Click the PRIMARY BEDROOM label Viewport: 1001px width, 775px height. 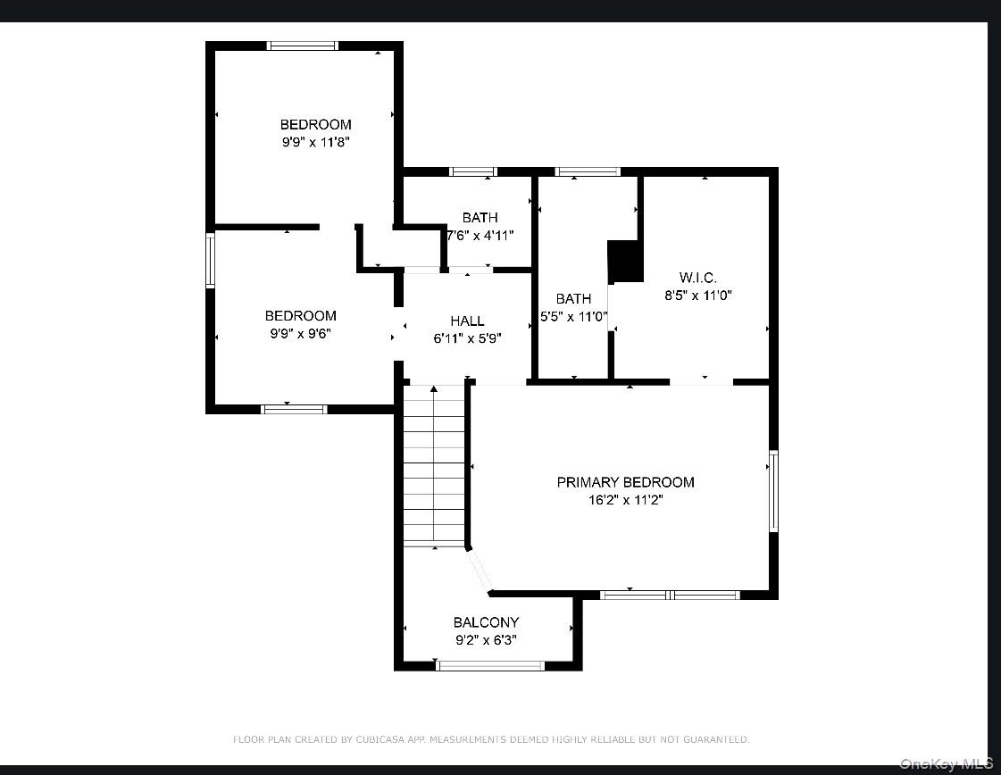pos(625,482)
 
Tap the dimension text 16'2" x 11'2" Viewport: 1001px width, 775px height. pos(625,500)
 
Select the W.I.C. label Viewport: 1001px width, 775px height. pos(697,278)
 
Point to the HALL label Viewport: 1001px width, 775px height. pos(467,321)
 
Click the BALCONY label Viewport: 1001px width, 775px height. pos(486,622)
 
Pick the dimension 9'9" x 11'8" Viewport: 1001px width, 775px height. pos(316,142)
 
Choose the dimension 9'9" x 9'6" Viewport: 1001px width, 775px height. pos(301,333)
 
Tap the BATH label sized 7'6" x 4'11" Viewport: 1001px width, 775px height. pos(480,218)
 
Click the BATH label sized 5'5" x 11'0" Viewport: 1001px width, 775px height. pos(573,299)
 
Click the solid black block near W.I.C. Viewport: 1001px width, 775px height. pos(626,261)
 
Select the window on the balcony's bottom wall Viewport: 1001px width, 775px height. pos(489,665)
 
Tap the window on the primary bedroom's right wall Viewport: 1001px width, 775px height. pos(773,491)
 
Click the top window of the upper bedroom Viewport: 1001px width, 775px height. pos(303,46)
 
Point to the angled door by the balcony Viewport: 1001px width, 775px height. pos(480,571)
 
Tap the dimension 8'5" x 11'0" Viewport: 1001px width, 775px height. pos(697,296)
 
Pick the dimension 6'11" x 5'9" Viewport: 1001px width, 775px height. pos(467,338)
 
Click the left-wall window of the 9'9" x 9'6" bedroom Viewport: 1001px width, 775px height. pos(211,260)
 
